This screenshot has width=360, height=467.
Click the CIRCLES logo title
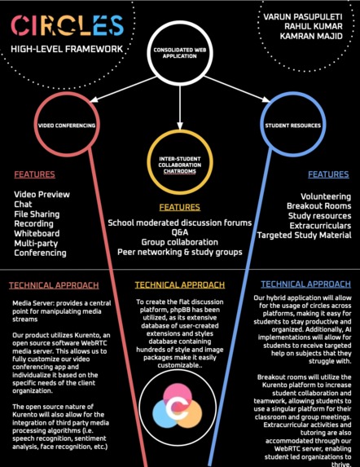[x=68, y=26]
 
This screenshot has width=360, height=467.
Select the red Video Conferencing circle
[x=66, y=126]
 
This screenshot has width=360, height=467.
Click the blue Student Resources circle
[x=292, y=126]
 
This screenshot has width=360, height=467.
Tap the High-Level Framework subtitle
[x=68, y=49]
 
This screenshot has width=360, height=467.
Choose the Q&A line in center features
[x=179, y=232]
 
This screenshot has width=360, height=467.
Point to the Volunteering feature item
[x=326, y=197]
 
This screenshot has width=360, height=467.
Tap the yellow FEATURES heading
[x=179, y=207]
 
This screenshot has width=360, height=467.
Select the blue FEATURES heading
[x=328, y=174]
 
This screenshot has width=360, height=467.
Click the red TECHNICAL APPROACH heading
[x=54, y=285]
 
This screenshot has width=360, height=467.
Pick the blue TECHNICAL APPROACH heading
[x=305, y=284]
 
